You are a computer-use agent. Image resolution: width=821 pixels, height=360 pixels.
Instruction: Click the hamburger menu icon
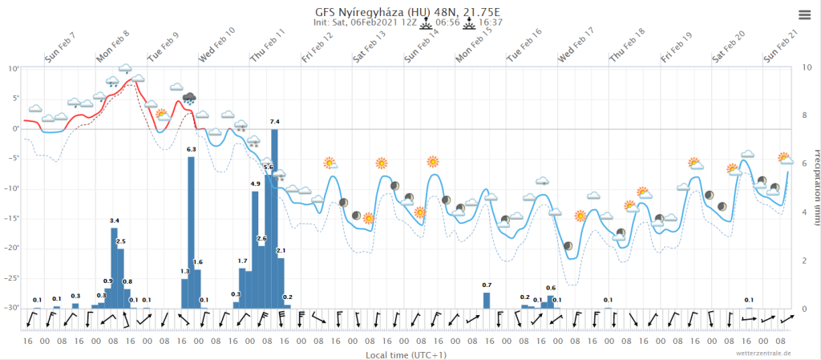pos(804,14)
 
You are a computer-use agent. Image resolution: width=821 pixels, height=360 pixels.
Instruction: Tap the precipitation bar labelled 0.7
pos(487,300)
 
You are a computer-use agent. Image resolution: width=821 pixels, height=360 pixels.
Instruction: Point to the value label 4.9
pos(255,184)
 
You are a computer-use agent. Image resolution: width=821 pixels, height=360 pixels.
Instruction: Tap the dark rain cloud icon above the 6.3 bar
pos(189,99)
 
